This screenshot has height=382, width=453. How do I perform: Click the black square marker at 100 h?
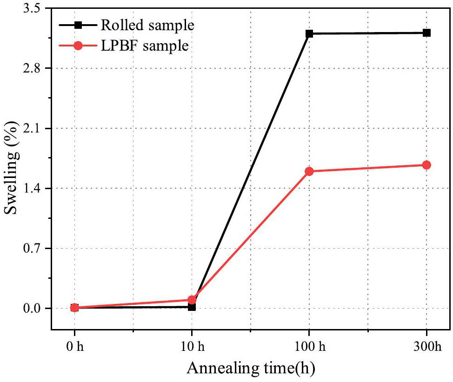309,34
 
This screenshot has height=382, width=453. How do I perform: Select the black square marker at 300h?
426,33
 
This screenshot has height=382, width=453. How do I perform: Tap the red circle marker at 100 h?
309,171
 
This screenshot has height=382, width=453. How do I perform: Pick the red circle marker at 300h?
426,165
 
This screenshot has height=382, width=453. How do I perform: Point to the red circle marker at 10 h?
192,300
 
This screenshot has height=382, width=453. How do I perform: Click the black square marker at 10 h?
192,307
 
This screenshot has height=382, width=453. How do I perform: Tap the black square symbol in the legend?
78,25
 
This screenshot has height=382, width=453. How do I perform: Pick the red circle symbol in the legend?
78,46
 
